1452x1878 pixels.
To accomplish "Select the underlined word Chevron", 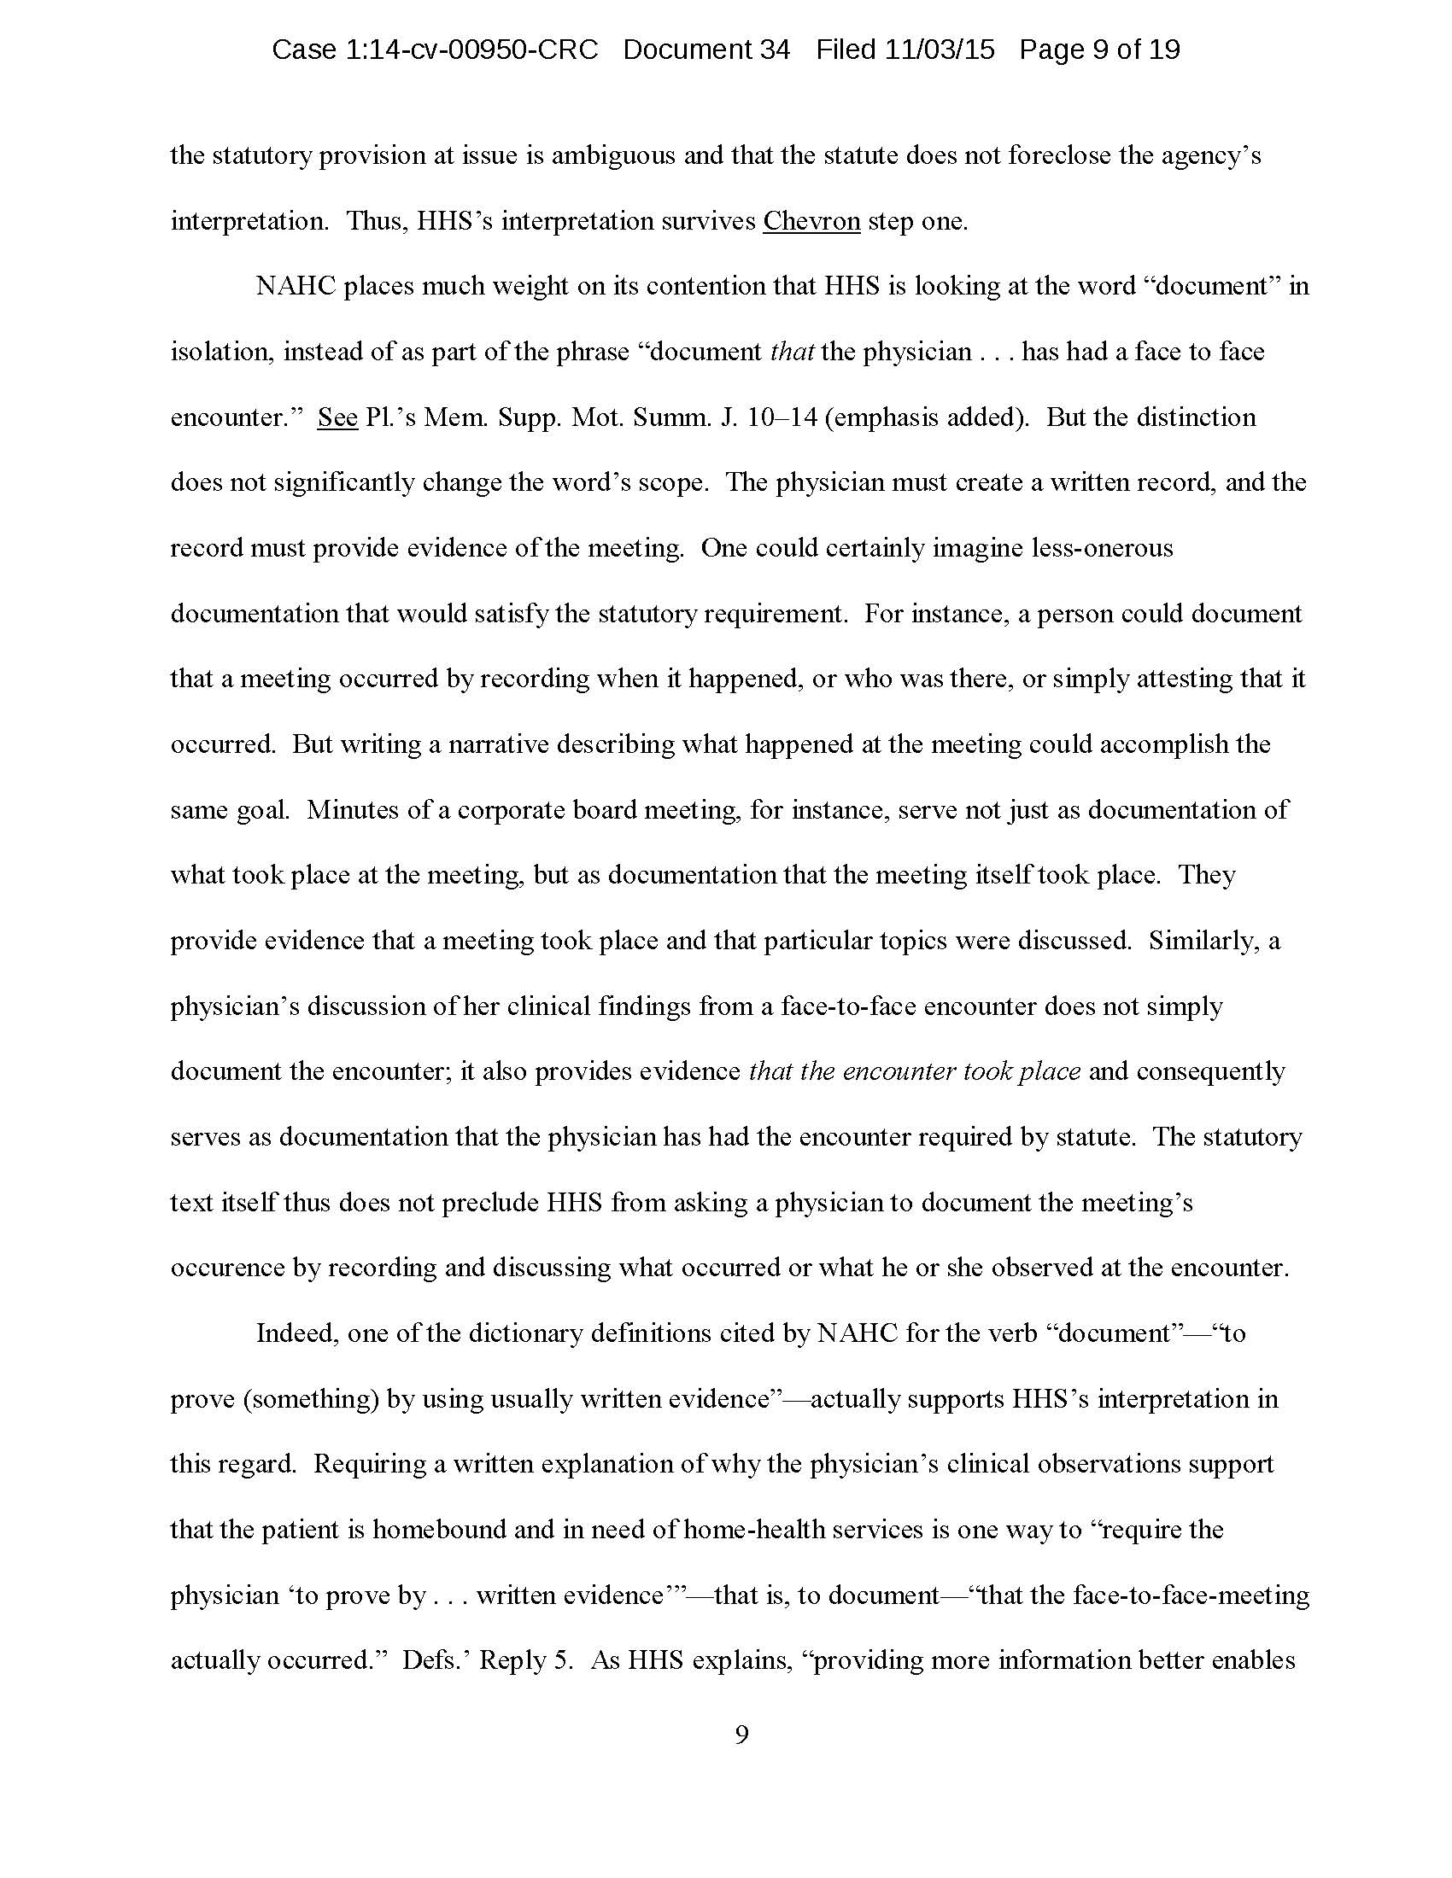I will tap(811, 221).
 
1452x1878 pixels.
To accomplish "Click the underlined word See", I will tap(337, 417).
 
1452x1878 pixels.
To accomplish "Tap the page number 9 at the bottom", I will tap(741, 1735).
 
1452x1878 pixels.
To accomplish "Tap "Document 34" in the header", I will tap(706, 50).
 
